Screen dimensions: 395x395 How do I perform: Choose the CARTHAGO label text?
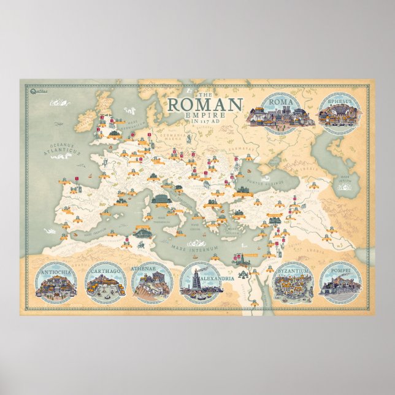click(x=103, y=270)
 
